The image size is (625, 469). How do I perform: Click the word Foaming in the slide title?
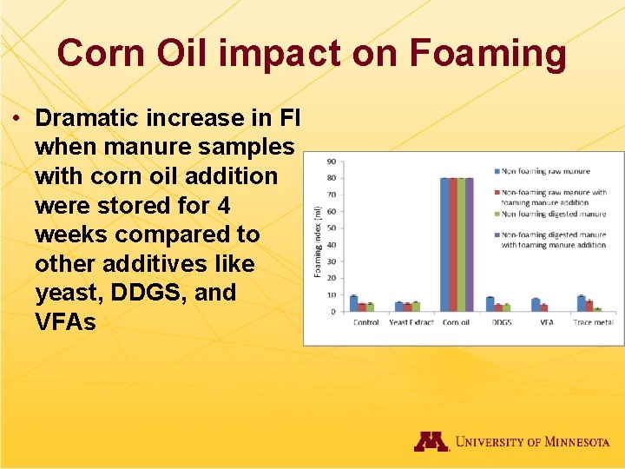[x=488, y=54]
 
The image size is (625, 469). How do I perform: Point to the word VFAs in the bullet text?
[x=66, y=322]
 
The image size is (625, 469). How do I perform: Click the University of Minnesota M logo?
[x=431, y=441]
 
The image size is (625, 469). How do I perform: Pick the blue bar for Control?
[x=353, y=303]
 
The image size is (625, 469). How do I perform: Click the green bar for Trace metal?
[x=597, y=309]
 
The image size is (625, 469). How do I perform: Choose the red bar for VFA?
[x=543, y=307]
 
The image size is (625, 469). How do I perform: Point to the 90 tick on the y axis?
[x=332, y=162]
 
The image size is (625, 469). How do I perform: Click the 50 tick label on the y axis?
[x=332, y=228]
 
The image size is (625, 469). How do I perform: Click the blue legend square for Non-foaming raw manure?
[x=497, y=172]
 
